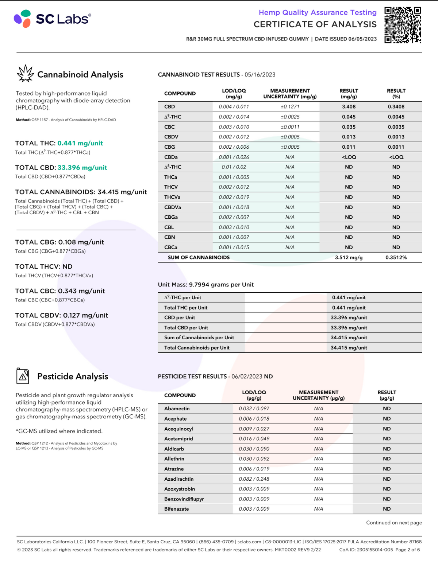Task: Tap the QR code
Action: [x=403, y=25]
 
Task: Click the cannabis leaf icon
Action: [x=25, y=74]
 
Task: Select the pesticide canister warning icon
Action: [x=23, y=376]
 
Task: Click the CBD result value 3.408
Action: [x=349, y=107]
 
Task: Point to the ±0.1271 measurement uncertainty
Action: [x=290, y=107]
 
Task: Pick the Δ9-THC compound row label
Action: [x=173, y=117]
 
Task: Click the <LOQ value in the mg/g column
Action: [x=349, y=157]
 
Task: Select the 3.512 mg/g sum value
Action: [x=349, y=257]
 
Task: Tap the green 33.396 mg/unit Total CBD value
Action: [x=82, y=168]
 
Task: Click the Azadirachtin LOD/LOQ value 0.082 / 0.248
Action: [x=254, y=479]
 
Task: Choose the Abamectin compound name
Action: [x=177, y=409]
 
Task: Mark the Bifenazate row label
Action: [x=176, y=509]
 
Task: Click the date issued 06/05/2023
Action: [x=362, y=39]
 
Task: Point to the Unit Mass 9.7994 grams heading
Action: [x=205, y=285]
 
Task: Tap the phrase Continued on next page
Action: [x=394, y=523]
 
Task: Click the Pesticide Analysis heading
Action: [x=73, y=376]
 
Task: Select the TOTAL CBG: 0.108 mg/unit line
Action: [x=59, y=242]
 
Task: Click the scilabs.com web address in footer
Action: [x=249, y=542]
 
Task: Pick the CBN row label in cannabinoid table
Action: [x=169, y=237]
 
